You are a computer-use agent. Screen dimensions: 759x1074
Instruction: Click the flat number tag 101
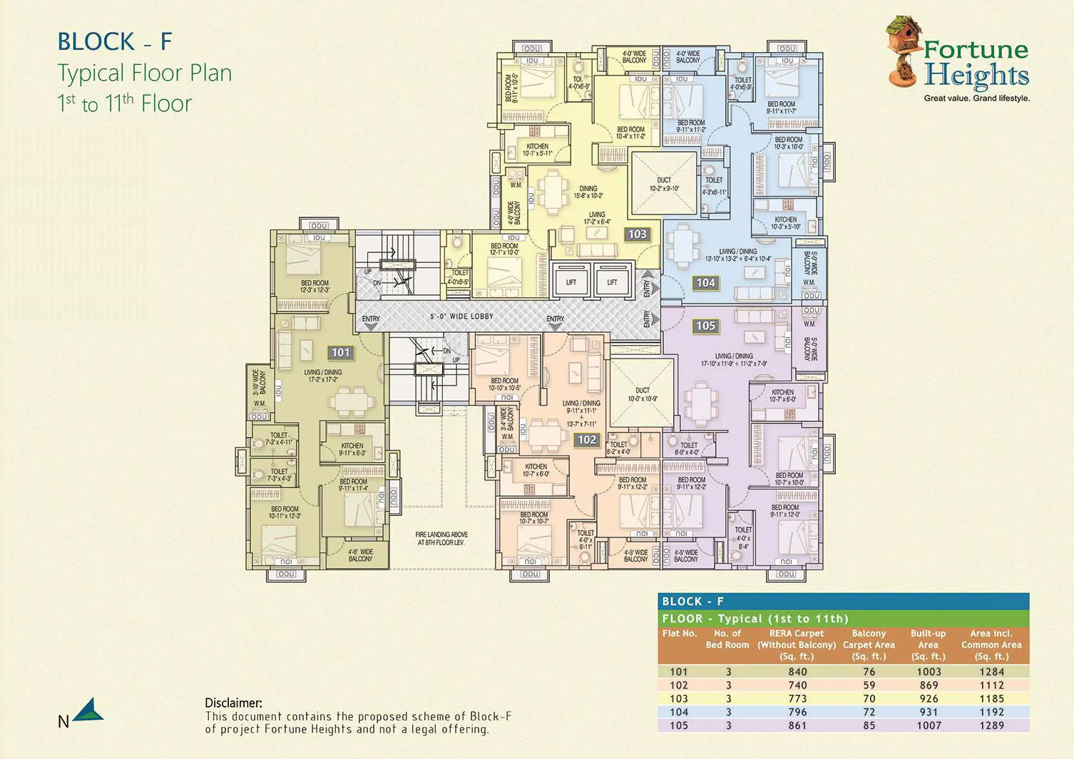[341, 352]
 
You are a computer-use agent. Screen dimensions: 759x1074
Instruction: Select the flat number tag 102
[587, 440]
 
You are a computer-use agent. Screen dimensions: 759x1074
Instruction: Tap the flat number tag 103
[637, 234]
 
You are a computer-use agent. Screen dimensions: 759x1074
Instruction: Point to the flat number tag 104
[705, 283]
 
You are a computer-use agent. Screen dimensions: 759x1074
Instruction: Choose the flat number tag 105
[705, 326]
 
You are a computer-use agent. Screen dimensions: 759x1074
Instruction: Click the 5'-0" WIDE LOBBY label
[461, 316]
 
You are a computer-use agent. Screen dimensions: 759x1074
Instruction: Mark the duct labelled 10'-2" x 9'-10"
[664, 183]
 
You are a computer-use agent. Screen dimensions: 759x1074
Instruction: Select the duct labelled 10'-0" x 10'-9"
[642, 394]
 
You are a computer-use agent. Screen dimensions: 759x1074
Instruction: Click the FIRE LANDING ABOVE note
[441, 538]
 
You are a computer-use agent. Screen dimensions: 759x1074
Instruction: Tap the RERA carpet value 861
[797, 726]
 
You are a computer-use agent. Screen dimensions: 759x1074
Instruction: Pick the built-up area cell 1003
[929, 671]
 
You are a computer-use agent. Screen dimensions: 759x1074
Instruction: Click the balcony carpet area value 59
[869, 685]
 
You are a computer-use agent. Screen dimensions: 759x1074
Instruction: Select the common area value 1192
[991, 712]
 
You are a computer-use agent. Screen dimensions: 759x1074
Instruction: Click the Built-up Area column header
[928, 644]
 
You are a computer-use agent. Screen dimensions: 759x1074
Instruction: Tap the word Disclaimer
[233, 703]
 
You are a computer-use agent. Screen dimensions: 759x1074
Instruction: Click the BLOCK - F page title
[115, 42]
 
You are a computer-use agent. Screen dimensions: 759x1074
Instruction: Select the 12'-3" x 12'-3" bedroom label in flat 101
[314, 286]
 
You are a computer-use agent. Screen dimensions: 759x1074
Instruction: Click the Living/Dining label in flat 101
[323, 376]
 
